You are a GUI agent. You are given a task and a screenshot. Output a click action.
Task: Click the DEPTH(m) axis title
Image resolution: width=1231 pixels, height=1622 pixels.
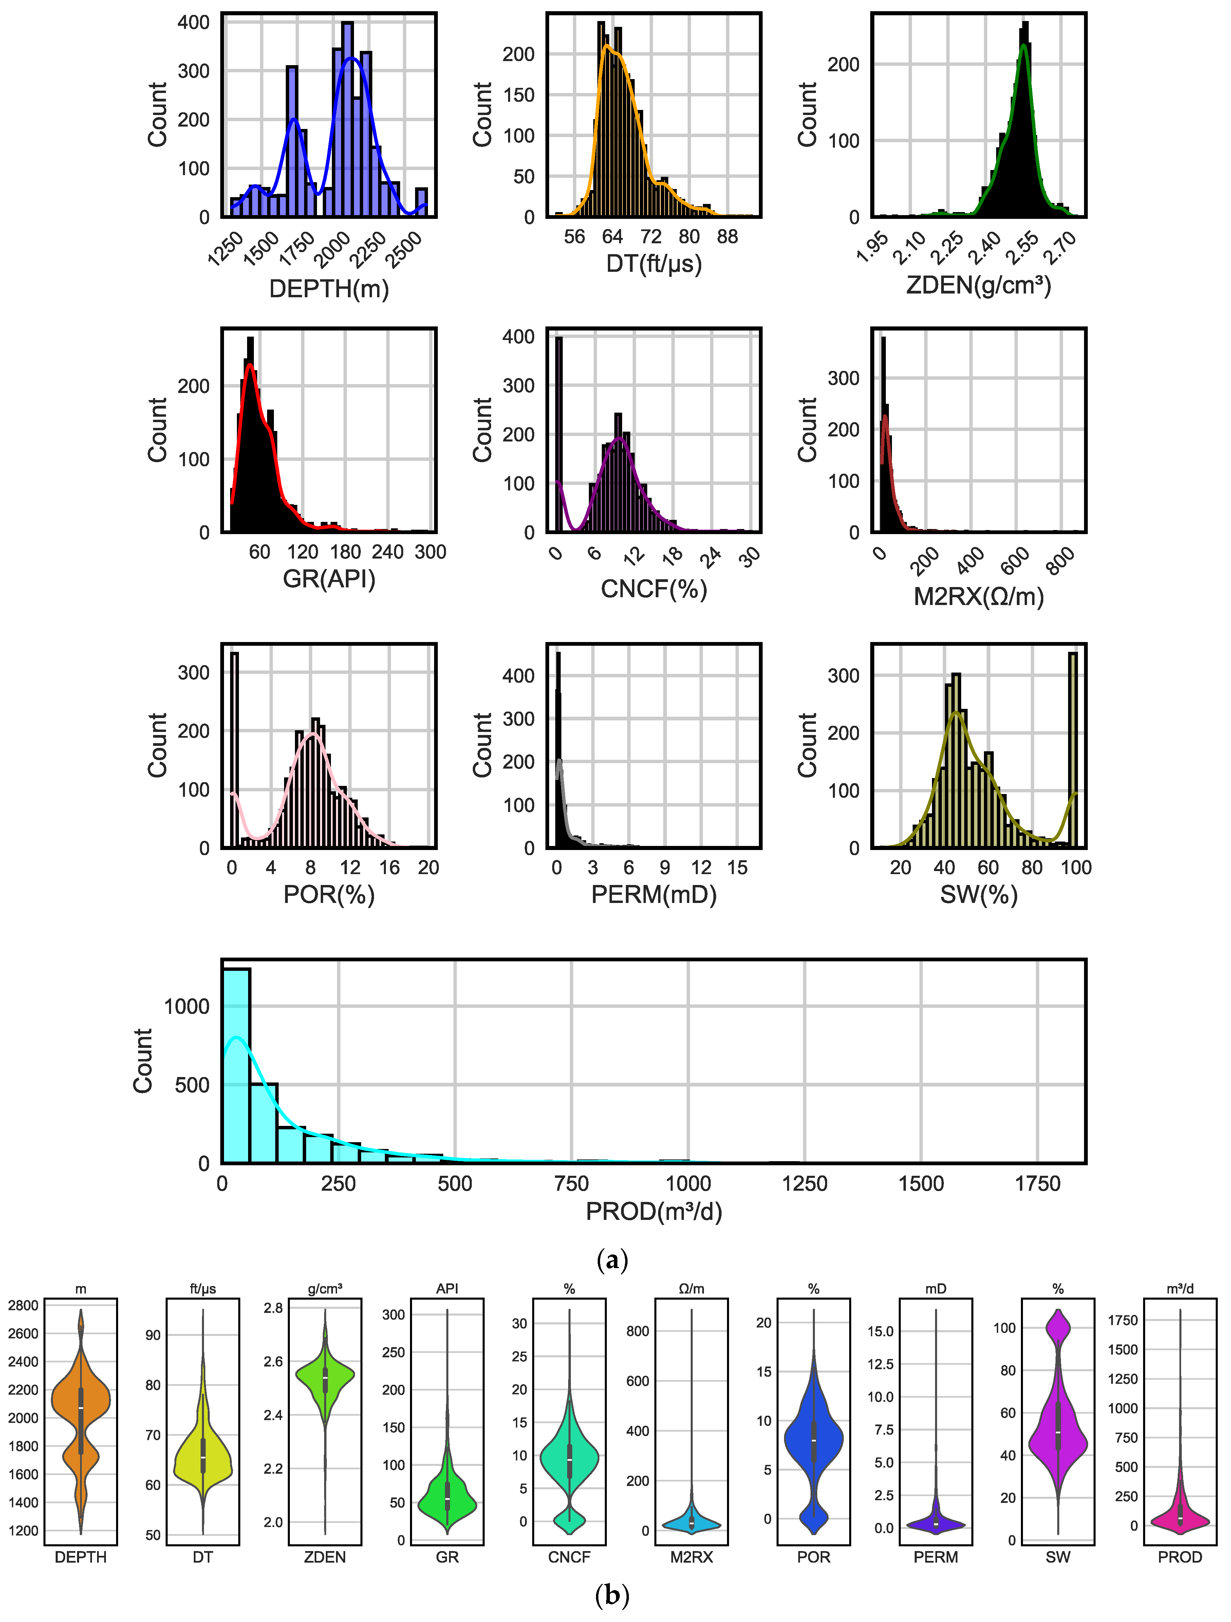click(x=329, y=289)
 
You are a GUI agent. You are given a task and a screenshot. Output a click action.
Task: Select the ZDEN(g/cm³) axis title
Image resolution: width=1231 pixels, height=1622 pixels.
click(x=978, y=284)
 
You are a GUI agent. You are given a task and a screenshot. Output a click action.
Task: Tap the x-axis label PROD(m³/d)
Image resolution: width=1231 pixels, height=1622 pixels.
click(x=654, y=1211)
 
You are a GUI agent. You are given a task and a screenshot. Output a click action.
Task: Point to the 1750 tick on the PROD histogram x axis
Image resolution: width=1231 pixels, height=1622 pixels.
click(x=1037, y=1184)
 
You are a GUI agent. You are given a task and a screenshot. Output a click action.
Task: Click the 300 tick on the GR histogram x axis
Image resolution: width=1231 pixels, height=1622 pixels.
click(x=430, y=552)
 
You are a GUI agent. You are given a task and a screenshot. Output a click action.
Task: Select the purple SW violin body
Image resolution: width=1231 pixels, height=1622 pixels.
click(x=1058, y=1437)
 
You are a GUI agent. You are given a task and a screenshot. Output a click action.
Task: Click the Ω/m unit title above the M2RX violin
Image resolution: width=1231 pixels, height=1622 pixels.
click(x=691, y=1288)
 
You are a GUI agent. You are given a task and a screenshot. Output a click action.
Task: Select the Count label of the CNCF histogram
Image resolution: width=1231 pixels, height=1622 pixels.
click(x=482, y=430)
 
